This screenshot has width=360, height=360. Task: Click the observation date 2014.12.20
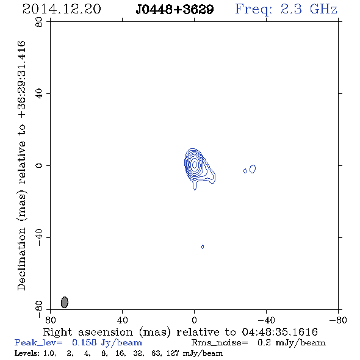(x=62, y=9)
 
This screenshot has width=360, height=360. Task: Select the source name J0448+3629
(x=175, y=9)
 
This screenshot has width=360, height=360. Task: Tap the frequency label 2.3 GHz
(x=309, y=9)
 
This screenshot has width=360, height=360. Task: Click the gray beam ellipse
(x=65, y=302)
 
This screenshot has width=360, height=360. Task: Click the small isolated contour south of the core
(x=202, y=247)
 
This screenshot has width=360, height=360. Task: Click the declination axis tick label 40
(x=39, y=94)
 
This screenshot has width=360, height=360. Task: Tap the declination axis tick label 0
(x=39, y=165)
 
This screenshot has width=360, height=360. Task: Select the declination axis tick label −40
(x=39, y=237)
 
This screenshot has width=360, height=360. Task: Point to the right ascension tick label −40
(x=266, y=320)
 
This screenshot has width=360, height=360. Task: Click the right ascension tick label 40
(x=123, y=320)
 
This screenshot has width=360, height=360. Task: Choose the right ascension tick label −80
(x=338, y=320)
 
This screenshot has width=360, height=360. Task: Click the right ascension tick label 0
(x=195, y=320)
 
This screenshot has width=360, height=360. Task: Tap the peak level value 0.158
(x=84, y=342)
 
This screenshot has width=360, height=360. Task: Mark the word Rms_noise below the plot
(x=220, y=343)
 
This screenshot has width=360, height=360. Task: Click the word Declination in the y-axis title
(x=21, y=259)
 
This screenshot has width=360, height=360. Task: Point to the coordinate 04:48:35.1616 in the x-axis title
(x=279, y=332)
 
